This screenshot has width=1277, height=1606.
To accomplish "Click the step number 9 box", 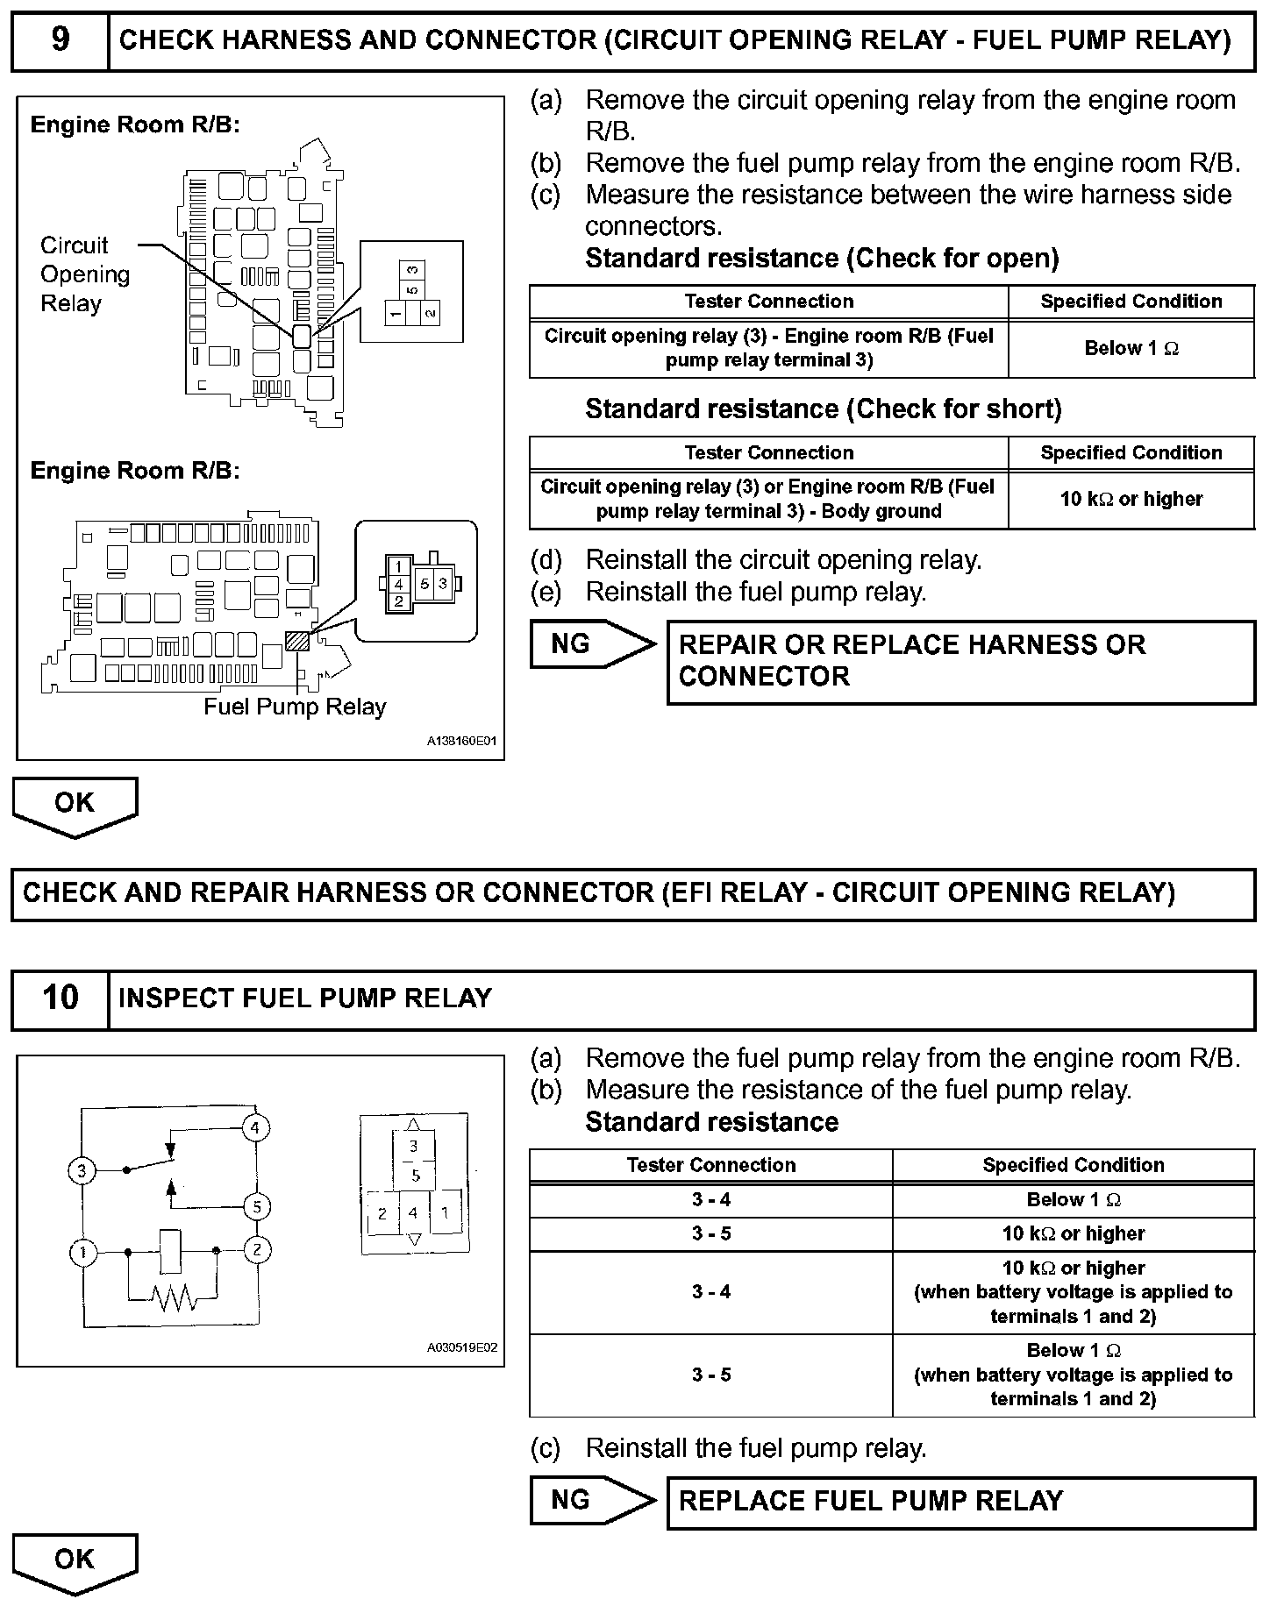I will tap(60, 40).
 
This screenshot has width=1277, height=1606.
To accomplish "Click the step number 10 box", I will tap(60, 998).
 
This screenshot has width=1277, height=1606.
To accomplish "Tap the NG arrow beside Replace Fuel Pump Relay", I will tap(589, 1500).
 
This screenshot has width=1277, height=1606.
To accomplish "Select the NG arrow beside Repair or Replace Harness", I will tap(589, 644).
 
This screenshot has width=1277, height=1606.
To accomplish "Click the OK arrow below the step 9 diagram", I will tap(75, 805).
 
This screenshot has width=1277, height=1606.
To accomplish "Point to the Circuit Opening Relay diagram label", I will tap(84, 274).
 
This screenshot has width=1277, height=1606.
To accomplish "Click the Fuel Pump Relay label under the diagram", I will tap(295, 707).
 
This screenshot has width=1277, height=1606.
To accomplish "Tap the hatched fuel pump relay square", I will tap(297, 641).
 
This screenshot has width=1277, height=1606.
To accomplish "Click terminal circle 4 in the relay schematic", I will tap(255, 1127).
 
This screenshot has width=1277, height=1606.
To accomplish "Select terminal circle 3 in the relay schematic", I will tap(82, 1170).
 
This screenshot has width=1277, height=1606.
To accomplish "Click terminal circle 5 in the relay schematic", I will tap(256, 1207).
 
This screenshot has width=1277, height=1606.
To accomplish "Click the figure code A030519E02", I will tap(462, 1347).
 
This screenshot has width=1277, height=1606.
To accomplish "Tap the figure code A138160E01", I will tap(462, 741).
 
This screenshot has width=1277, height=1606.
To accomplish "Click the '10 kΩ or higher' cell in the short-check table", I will tap(1131, 499).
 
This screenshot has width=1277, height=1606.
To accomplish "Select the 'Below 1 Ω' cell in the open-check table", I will tap(1131, 348).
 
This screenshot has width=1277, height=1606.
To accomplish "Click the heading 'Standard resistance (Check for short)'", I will tap(823, 409).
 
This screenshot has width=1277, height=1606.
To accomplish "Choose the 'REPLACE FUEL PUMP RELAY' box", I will tap(960, 1501).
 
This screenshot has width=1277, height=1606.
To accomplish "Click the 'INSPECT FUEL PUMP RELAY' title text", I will tap(304, 998).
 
